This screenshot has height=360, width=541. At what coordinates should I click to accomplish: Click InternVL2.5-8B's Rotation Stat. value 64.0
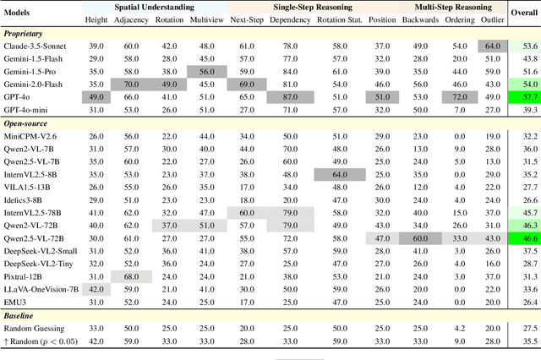tap(338, 174)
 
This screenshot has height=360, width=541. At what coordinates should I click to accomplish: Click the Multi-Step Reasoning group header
tap(457, 7)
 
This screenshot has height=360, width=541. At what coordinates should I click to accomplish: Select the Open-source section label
tap(25, 123)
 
